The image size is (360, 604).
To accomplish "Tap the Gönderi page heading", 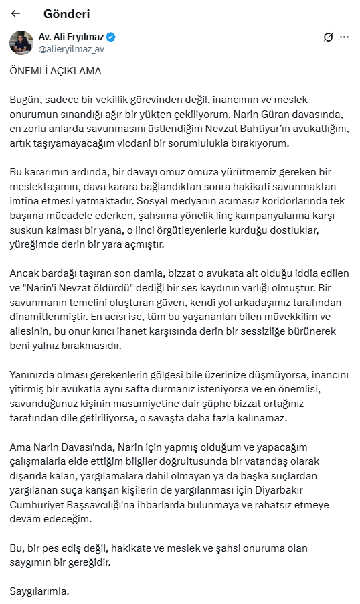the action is pos(66,13).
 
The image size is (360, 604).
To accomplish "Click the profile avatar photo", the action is pos(21,42).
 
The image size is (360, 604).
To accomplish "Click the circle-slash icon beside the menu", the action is pos(328,37).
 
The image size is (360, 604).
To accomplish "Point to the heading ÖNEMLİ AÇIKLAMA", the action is pos(56,70).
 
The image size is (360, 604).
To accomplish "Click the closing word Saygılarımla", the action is pos(39,591).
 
